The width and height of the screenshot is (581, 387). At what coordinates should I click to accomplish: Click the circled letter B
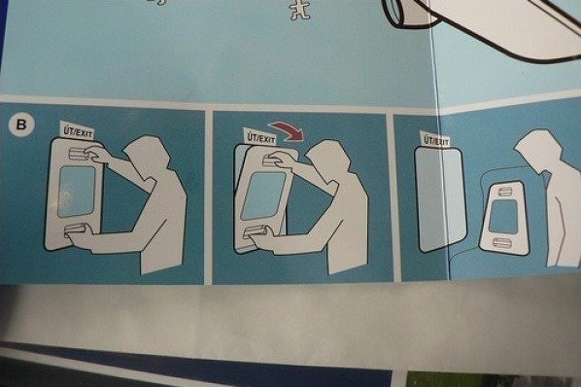[x=21, y=124]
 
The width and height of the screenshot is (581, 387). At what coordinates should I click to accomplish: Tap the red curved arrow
[x=289, y=131]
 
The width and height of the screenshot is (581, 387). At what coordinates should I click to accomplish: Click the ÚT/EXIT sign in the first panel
[x=77, y=130]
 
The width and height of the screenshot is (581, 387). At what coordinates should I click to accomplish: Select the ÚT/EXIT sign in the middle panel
[x=260, y=137]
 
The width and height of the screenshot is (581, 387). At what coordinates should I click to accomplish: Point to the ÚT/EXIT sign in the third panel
[x=437, y=139]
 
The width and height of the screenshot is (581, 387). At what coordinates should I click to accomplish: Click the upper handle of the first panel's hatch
[x=80, y=155]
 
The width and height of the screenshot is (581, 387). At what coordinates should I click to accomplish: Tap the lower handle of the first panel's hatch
[x=76, y=230]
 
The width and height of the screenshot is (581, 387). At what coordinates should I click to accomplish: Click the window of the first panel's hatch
[x=77, y=192]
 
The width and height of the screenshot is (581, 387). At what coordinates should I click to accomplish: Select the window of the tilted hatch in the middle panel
[x=263, y=196]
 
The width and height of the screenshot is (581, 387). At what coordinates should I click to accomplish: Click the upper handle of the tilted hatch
[x=273, y=159]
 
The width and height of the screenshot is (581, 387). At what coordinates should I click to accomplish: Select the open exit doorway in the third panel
[x=440, y=199]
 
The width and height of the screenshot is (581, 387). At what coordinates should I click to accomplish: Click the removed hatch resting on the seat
[x=504, y=219]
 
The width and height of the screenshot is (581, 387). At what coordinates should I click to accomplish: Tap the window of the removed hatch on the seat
[x=503, y=218]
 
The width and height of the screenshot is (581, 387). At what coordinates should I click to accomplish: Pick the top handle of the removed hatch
[x=504, y=192]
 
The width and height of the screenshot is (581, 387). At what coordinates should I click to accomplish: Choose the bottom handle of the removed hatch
[x=502, y=243]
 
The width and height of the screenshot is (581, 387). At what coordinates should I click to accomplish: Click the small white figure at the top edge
[x=301, y=11]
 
